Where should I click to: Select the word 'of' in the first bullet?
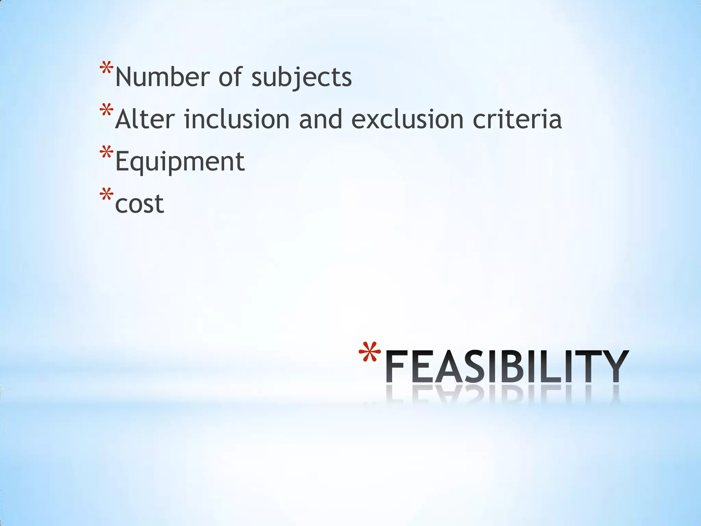[x=230, y=77]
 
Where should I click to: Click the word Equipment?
[x=180, y=162]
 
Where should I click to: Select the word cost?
[x=139, y=204]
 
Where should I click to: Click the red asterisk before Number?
[x=106, y=68]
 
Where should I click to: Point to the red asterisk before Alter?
[x=106, y=111]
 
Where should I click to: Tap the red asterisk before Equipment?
[x=106, y=152]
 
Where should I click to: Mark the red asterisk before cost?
[x=106, y=195]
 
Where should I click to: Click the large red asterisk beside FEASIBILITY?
[x=370, y=352]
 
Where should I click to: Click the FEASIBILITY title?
[x=507, y=366]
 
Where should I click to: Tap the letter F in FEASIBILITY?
[x=397, y=366]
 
